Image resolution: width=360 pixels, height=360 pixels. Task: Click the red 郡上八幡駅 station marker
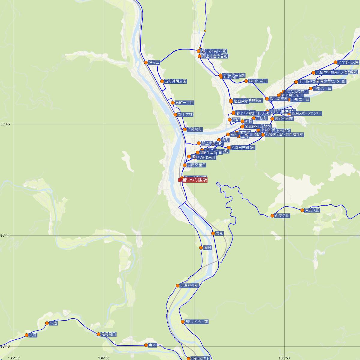point(180,180)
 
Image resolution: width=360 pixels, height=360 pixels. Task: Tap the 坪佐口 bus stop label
point(154,62)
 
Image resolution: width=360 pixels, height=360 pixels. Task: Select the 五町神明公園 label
point(175,81)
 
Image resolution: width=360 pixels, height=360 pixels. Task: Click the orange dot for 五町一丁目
point(173,103)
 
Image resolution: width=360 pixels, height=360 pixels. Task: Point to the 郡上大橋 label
point(185,115)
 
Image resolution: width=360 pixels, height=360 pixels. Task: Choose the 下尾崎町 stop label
point(195,130)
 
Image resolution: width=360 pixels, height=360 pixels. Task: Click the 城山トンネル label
point(258,81)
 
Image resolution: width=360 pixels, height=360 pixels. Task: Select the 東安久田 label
point(312,210)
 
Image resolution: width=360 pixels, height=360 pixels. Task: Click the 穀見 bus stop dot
point(213,233)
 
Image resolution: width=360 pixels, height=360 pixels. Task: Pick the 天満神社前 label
point(189,286)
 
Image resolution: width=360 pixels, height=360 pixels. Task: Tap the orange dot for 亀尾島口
point(99,334)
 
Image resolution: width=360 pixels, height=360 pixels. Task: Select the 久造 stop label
point(53,323)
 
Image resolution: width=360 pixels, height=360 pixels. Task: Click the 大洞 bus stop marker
point(27,335)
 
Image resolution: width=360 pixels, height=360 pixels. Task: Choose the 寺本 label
point(153,345)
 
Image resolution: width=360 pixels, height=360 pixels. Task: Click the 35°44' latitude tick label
point(5,235)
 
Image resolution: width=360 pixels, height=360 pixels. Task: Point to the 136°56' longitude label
point(104,358)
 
